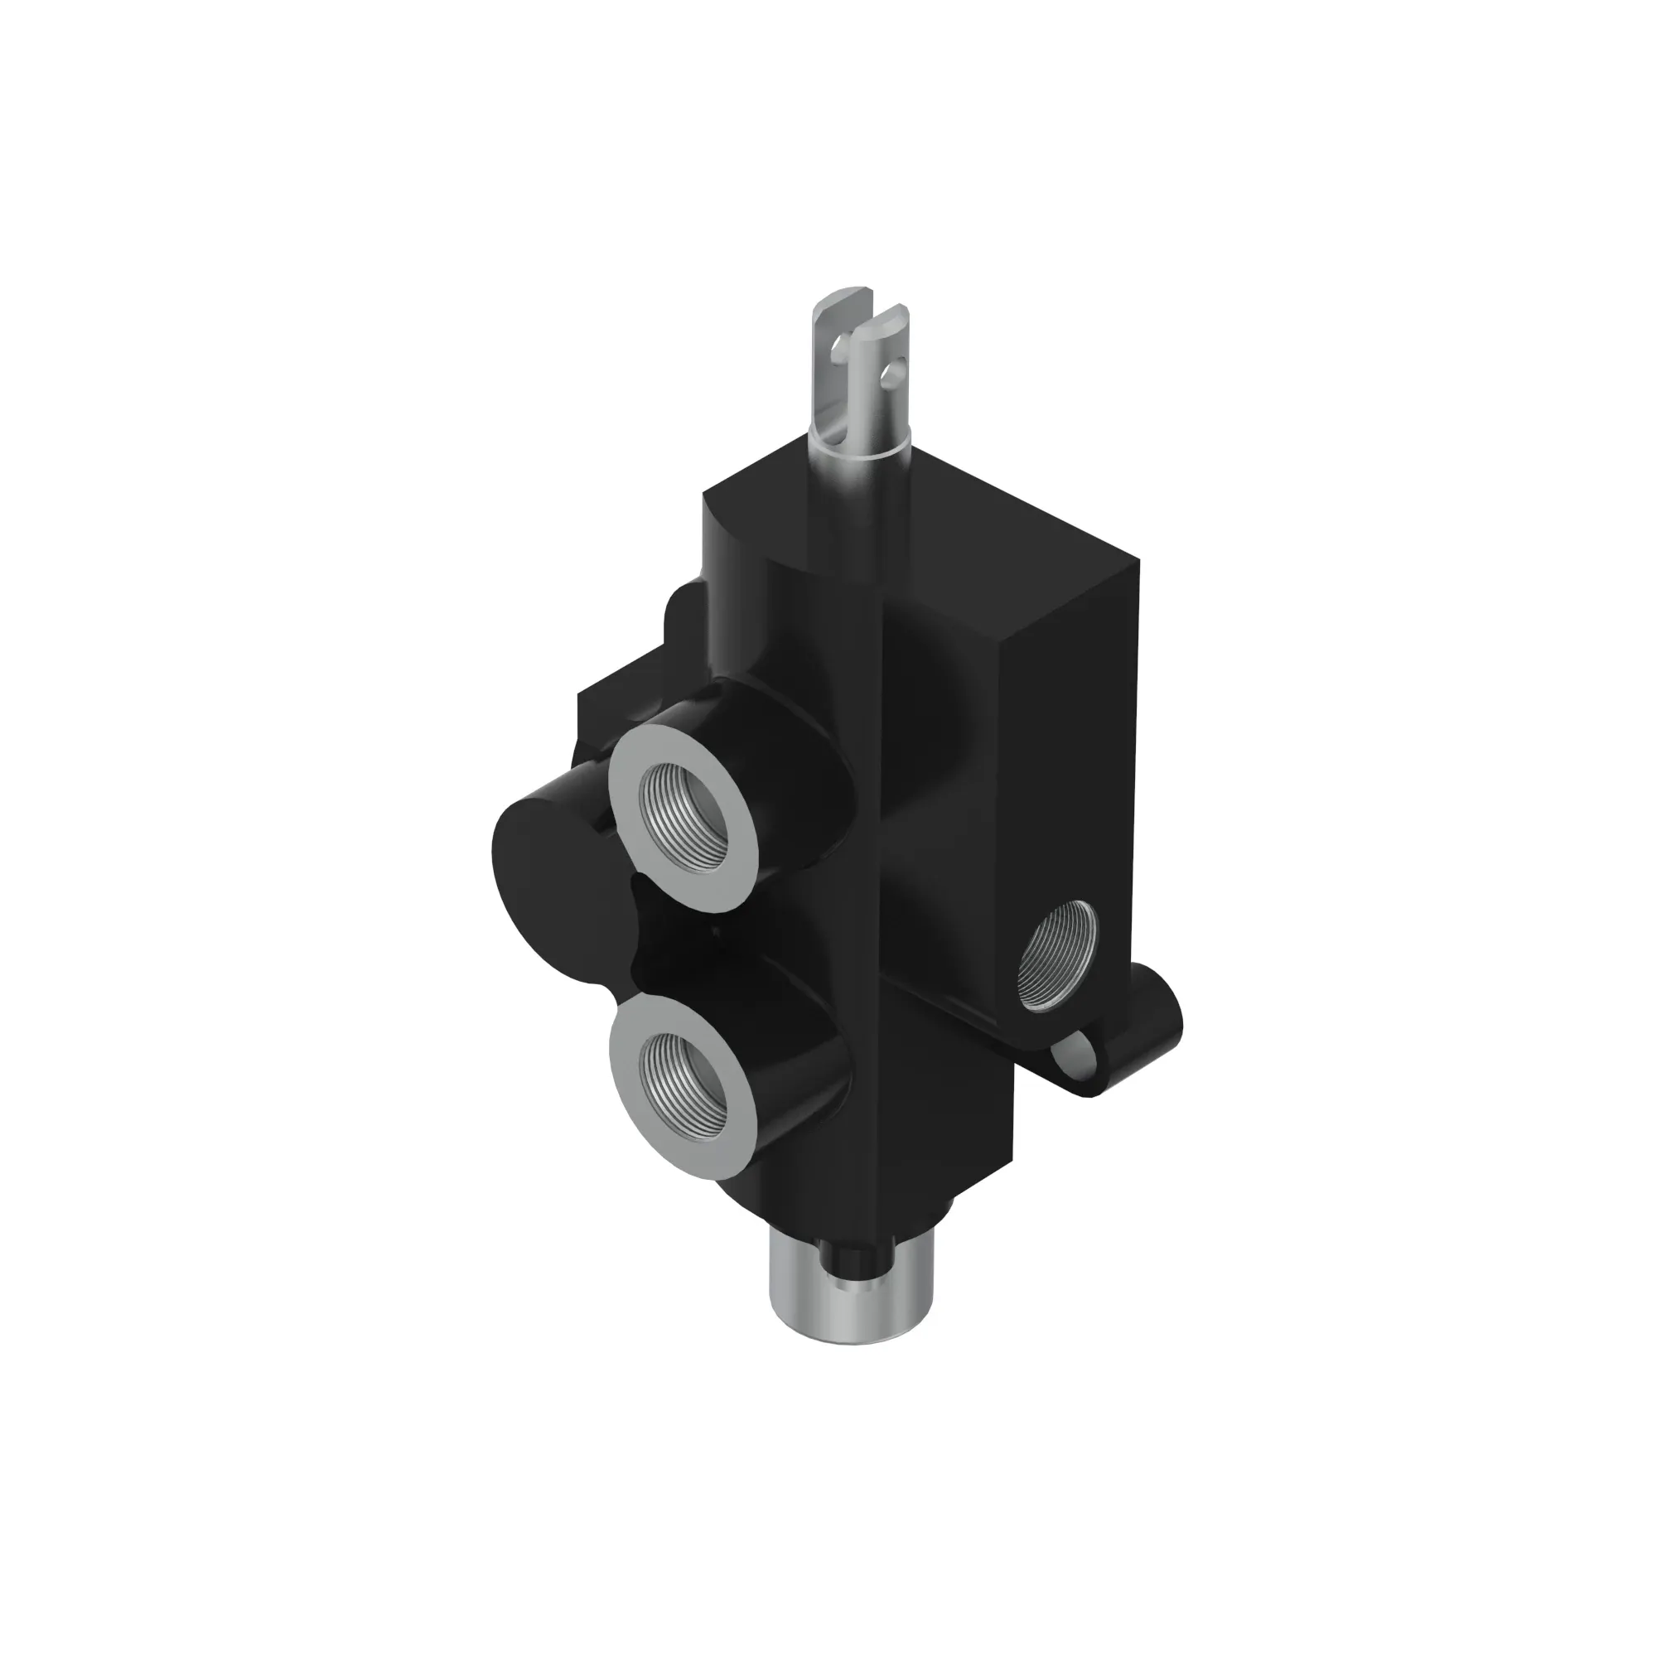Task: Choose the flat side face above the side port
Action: pyautogui.click(x=1072, y=729)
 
